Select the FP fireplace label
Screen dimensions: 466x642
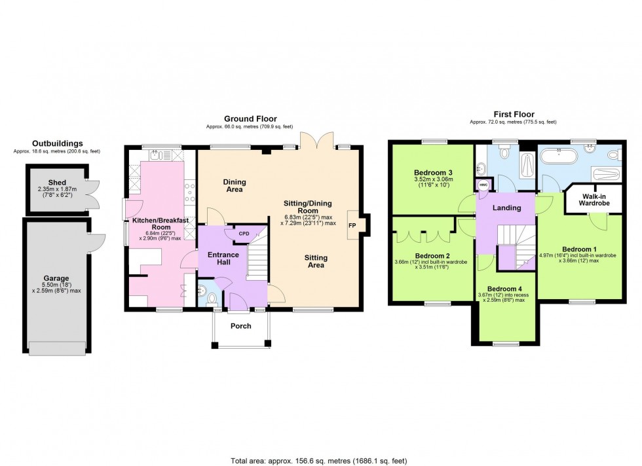pos(352,225)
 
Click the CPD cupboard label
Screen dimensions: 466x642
pos(244,233)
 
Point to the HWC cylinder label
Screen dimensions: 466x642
pos(484,185)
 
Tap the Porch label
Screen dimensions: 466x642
pos(241,325)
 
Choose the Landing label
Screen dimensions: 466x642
pos(506,208)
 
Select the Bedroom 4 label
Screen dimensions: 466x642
pos(505,289)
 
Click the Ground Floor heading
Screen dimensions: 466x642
pos(249,118)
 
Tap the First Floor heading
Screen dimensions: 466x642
pos(514,115)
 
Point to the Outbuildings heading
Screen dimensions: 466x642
pos(58,143)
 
